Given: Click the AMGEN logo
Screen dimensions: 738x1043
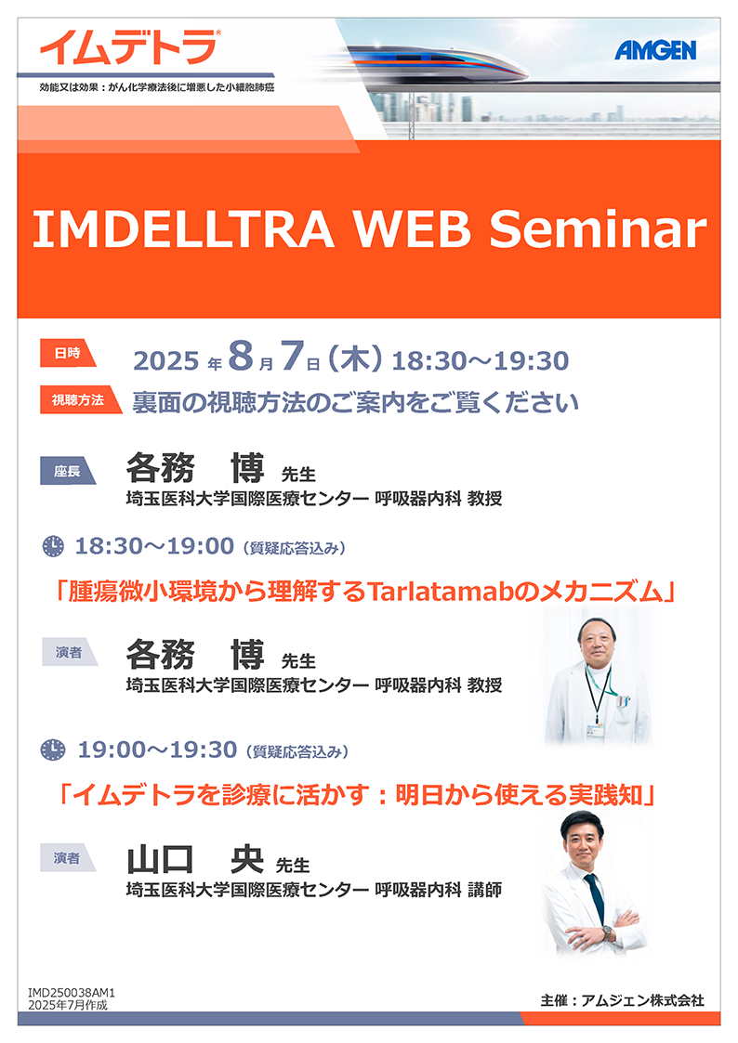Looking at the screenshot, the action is [x=655, y=50].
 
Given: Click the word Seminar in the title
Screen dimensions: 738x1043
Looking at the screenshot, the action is [x=598, y=228].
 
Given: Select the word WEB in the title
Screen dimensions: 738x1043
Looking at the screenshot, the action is [x=412, y=228].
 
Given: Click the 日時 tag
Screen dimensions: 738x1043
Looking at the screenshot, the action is [x=68, y=353].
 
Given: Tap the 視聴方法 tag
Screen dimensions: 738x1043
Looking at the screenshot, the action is [x=81, y=399].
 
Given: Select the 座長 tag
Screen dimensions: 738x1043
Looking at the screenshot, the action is [x=68, y=471].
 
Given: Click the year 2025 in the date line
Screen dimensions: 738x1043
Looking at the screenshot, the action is [x=165, y=361].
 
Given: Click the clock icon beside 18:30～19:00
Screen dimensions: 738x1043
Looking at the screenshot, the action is [x=53, y=546].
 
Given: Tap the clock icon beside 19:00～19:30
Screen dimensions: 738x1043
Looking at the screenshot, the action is [x=53, y=750].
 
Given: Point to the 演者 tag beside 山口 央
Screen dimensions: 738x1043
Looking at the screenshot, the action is [x=69, y=858].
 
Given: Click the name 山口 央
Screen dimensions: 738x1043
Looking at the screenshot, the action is [x=195, y=859].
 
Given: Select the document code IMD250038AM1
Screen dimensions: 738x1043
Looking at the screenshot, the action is [x=72, y=993].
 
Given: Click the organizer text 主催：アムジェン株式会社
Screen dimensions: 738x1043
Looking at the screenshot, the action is [x=622, y=1000].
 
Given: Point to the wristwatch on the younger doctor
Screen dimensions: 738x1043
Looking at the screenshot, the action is [x=607, y=933].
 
